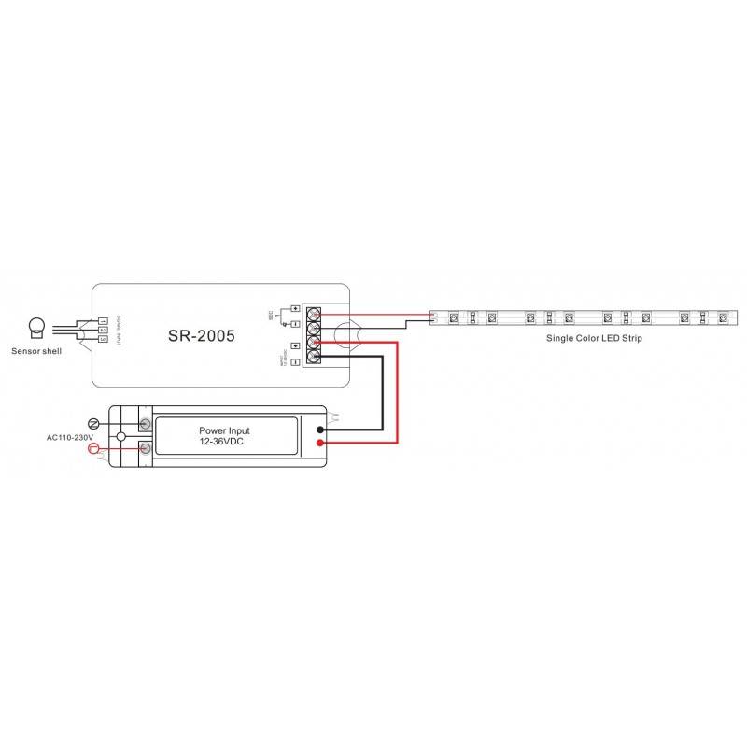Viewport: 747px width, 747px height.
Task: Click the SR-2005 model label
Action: click(x=202, y=334)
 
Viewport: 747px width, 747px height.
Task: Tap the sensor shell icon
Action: click(x=36, y=327)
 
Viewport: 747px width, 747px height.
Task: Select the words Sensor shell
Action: click(x=36, y=352)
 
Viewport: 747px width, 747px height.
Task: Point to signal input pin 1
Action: click(x=103, y=321)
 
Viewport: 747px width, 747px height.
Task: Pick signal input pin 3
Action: click(x=103, y=338)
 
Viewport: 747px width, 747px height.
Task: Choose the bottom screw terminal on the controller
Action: click(x=315, y=359)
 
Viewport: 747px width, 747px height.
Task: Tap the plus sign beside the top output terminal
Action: click(x=295, y=309)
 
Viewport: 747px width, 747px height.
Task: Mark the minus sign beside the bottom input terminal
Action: click(x=295, y=360)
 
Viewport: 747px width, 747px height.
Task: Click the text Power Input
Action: click(x=224, y=431)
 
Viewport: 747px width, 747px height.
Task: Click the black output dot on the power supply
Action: click(x=320, y=430)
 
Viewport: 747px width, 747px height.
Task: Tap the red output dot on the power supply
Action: click(x=320, y=443)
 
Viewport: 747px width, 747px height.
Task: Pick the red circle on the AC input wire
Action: click(x=92, y=449)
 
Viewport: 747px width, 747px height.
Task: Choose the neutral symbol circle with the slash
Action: click(x=93, y=423)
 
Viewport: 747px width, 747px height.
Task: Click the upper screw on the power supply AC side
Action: click(x=146, y=424)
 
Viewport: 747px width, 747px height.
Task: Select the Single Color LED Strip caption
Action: click(x=595, y=338)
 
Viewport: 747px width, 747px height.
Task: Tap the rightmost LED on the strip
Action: click(x=722, y=318)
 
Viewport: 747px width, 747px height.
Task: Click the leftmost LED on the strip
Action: click(x=452, y=318)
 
